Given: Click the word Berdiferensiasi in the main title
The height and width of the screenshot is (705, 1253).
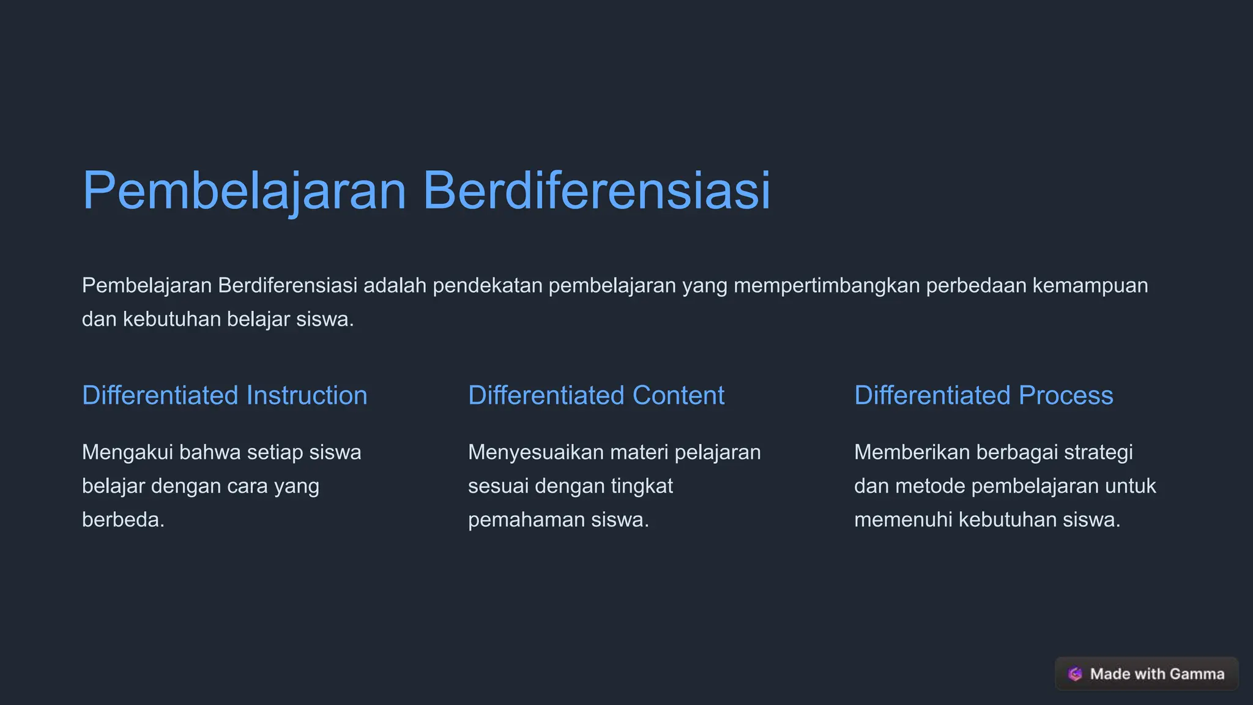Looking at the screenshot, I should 596,190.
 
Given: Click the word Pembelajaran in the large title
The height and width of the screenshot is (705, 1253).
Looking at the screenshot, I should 244,190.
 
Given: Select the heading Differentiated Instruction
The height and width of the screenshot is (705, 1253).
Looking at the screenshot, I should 225,395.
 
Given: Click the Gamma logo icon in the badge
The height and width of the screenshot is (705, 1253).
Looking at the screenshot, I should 1075,674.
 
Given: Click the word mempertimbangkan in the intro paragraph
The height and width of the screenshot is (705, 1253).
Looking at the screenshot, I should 827,286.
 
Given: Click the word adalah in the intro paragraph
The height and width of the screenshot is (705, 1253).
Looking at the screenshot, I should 395,286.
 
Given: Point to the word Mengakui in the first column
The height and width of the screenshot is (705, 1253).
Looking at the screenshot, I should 127,453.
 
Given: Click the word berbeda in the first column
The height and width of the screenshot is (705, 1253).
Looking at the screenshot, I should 121,520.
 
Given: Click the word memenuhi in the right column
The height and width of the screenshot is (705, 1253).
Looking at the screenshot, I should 902,520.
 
